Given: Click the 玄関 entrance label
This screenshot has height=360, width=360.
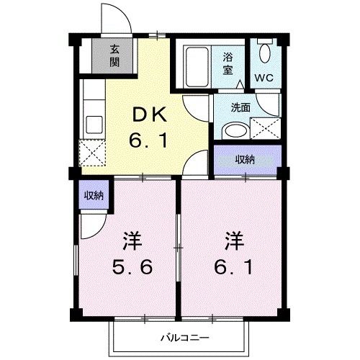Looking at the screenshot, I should [x=115, y=55].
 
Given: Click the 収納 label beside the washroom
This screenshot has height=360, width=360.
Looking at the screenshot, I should [x=246, y=160].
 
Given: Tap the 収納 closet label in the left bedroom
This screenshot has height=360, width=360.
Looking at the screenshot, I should [x=91, y=195].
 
